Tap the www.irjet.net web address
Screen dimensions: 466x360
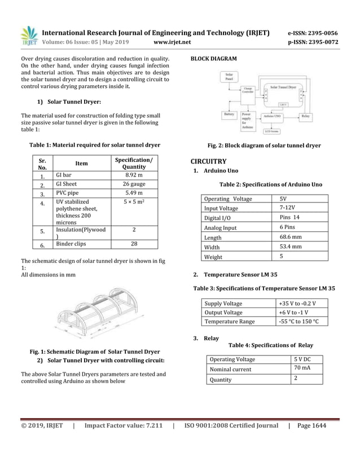[x=172, y=42]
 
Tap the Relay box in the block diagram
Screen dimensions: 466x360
[x=305, y=116]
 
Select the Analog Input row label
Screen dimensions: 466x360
[x=221, y=228]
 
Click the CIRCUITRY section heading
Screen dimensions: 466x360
[x=209, y=161]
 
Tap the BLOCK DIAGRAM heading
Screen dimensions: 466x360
[x=214, y=59]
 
